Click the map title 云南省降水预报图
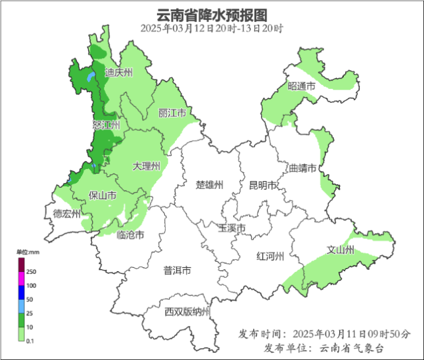click(212, 15)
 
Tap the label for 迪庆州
click(119, 72)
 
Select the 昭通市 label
click(301, 85)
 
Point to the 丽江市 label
click(172, 112)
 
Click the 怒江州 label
click(105, 125)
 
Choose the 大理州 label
click(146, 166)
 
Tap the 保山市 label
click(103, 196)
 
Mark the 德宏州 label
click(67, 214)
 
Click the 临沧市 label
click(130, 234)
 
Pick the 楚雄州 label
click(209, 185)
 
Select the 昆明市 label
click(262, 185)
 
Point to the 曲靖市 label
click(302, 168)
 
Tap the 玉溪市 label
click(232, 228)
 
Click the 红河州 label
click(270, 256)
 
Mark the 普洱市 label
click(178, 271)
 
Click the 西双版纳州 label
click(188, 312)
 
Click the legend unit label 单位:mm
click(29, 252)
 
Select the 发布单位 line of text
click(323, 348)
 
